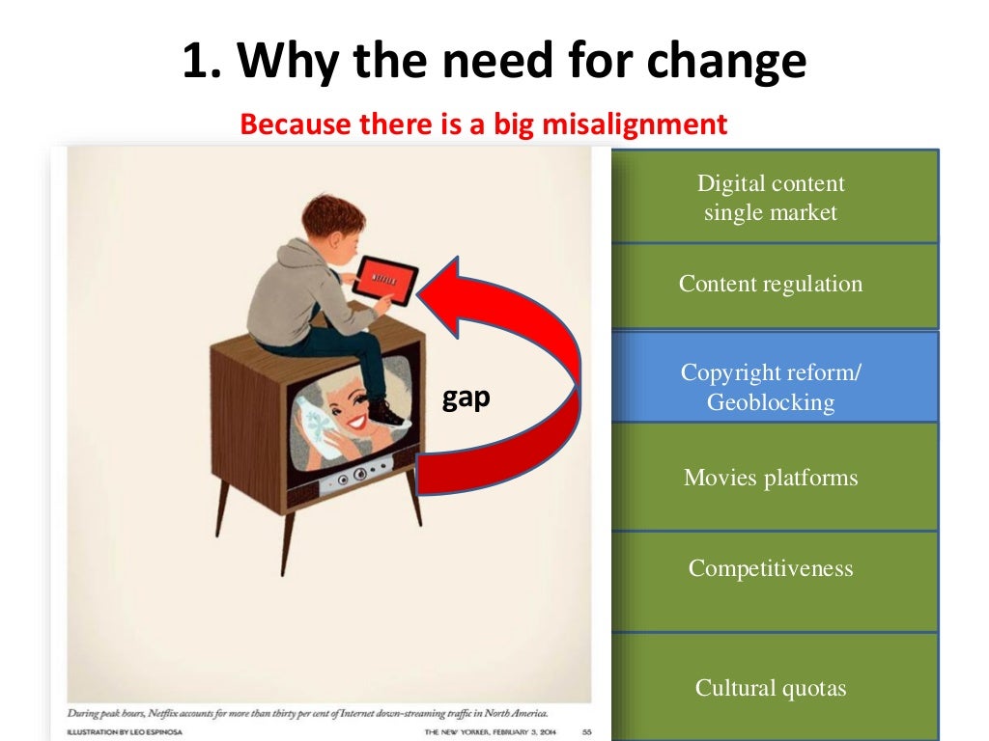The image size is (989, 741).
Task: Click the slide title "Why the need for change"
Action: click(x=494, y=63)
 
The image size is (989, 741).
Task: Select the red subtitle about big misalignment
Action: click(x=483, y=124)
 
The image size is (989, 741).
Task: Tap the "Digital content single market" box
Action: click(x=772, y=197)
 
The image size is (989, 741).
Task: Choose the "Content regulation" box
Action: click(x=772, y=285)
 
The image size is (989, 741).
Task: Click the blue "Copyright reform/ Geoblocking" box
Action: click(x=772, y=387)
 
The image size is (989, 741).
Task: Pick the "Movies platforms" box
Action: click(x=772, y=478)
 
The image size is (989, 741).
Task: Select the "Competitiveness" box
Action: click(x=772, y=568)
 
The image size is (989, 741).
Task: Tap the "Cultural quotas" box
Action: click(x=772, y=688)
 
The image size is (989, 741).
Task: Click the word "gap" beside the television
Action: click(x=466, y=398)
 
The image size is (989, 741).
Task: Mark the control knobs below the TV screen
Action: click(x=351, y=477)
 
